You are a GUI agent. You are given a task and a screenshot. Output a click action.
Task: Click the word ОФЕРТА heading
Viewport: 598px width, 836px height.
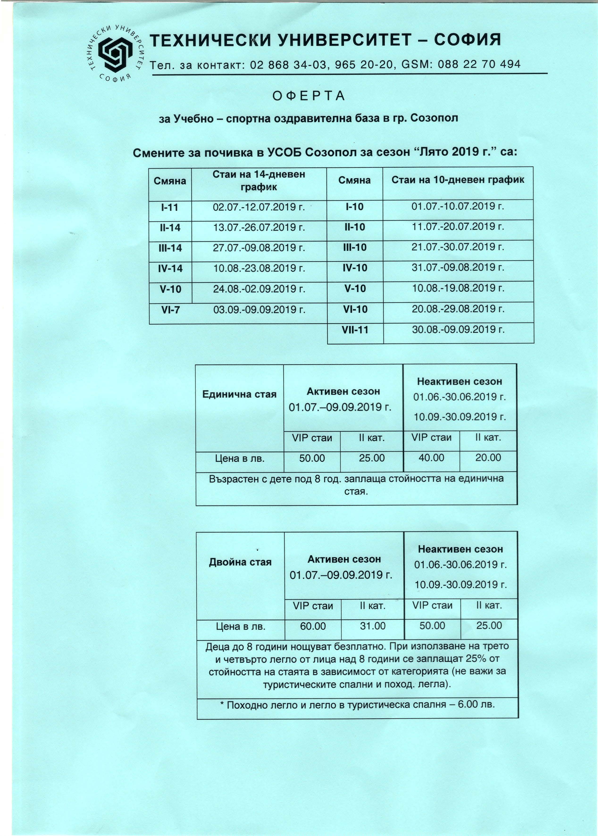tap(309, 96)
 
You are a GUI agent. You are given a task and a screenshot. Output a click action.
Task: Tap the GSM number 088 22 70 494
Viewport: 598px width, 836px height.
tap(479, 64)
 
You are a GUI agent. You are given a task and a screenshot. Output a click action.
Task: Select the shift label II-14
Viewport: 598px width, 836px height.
tap(170, 228)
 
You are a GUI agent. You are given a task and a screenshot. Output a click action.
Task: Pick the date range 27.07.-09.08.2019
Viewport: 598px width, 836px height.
tap(259, 248)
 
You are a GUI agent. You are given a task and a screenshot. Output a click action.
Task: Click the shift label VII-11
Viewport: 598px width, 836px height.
tap(355, 330)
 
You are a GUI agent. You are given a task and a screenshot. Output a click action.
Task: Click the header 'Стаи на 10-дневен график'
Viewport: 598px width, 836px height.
tap(458, 180)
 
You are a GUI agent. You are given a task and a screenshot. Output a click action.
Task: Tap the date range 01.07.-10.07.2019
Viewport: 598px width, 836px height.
tap(458, 207)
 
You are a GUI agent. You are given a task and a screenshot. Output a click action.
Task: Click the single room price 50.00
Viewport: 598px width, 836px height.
tap(312, 459)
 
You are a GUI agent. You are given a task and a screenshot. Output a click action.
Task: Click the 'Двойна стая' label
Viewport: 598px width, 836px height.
tap(240, 562)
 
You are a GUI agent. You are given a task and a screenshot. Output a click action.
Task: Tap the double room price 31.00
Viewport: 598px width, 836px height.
tap(373, 626)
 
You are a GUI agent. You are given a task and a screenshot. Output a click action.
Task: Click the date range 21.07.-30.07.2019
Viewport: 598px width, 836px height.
tap(458, 247)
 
